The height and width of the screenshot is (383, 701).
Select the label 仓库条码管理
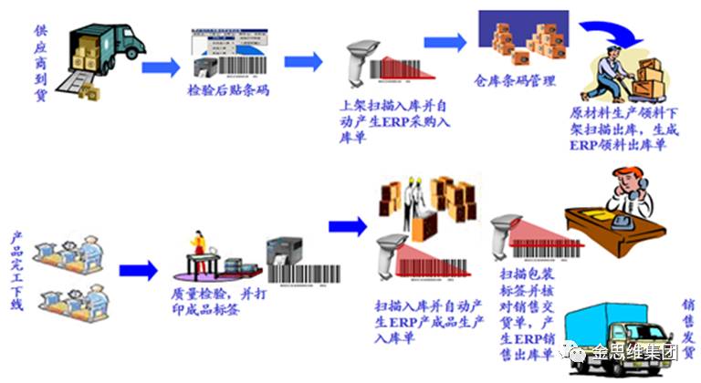pyautogui.click(x=515, y=82)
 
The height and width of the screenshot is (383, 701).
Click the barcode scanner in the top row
pyautogui.click(x=359, y=63)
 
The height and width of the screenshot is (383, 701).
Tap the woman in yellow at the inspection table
pyautogui.click(x=195, y=252)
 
